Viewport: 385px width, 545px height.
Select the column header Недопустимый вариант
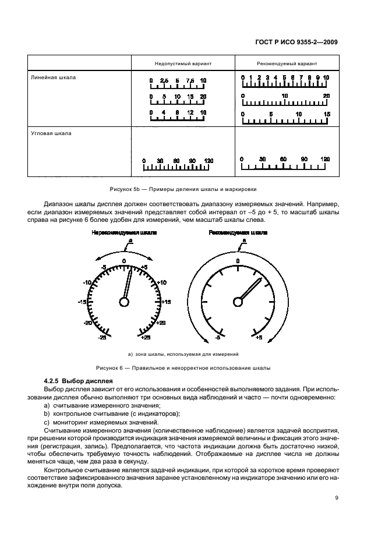pos(182,63)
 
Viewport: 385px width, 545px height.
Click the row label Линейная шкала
pos(53,76)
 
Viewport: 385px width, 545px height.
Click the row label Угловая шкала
pos(51,133)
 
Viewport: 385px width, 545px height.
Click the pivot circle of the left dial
pos(124,301)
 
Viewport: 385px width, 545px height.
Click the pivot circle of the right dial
pos(238,301)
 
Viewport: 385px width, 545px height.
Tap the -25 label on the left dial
pos(102,337)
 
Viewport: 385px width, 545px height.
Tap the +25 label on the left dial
pos(146,337)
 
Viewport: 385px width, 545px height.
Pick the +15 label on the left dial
pos(166,302)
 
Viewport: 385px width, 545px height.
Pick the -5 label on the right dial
pos(217,337)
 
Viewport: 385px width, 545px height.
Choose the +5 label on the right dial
pos(259,337)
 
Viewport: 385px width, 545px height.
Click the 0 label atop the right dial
pos(238,261)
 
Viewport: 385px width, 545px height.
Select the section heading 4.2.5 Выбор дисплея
pos(74,380)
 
